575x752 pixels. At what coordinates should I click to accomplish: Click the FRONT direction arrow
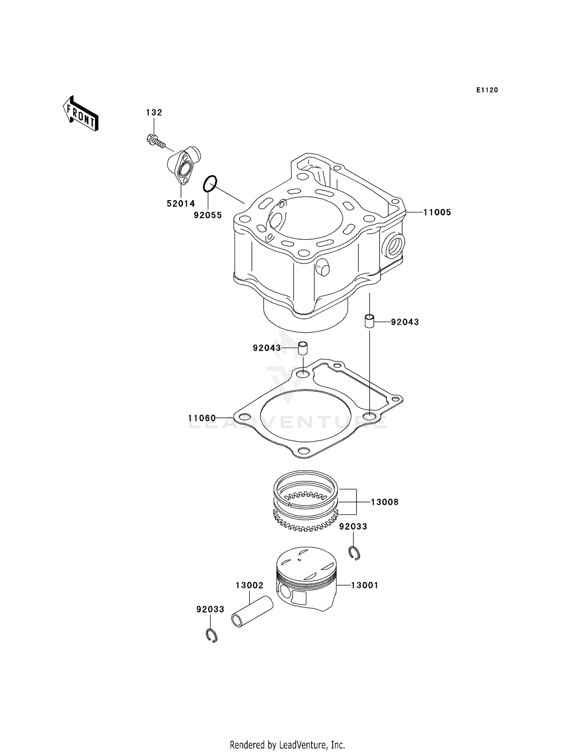pyautogui.click(x=81, y=114)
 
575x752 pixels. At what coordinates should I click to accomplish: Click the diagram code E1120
pyautogui.click(x=487, y=90)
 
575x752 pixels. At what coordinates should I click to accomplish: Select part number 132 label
pyautogui.click(x=154, y=112)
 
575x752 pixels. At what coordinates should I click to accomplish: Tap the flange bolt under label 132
pyautogui.click(x=155, y=140)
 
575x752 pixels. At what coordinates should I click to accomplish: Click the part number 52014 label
pyautogui.click(x=181, y=204)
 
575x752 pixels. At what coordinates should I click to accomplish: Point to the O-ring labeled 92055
pyautogui.click(x=210, y=184)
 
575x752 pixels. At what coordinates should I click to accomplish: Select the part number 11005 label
pyautogui.click(x=437, y=212)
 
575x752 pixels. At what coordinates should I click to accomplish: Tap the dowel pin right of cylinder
pyautogui.click(x=369, y=321)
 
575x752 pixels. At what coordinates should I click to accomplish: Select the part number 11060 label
pyautogui.click(x=202, y=418)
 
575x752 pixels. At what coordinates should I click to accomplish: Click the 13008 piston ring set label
pyautogui.click(x=384, y=502)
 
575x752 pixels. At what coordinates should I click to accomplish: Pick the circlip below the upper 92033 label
pyautogui.click(x=355, y=553)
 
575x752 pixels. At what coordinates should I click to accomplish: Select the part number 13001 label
pyautogui.click(x=365, y=585)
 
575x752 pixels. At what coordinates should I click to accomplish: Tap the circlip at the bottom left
pyautogui.click(x=211, y=636)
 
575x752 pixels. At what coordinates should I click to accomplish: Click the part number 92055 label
pyautogui.click(x=207, y=215)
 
